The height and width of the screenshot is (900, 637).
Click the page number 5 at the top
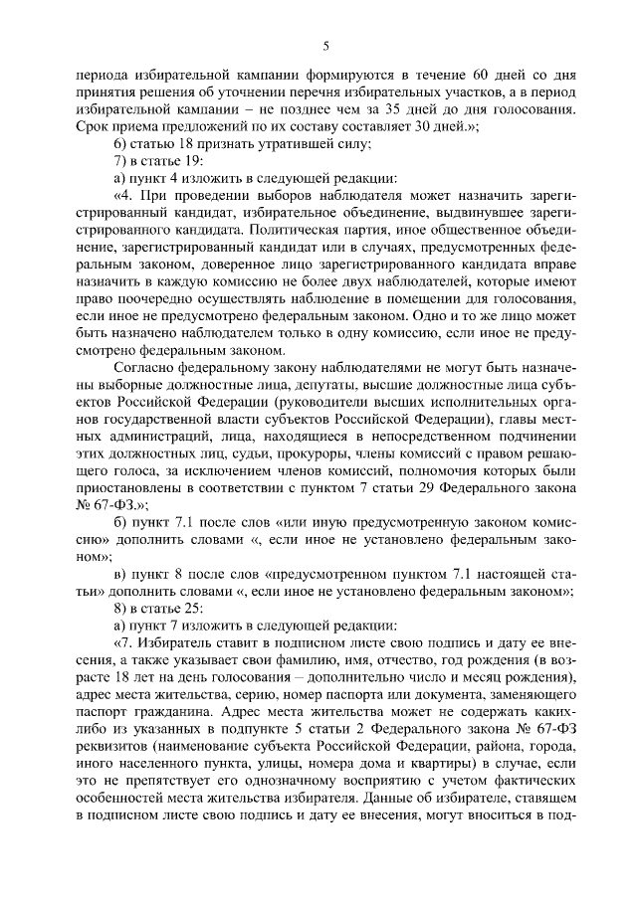pyautogui.click(x=325, y=46)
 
